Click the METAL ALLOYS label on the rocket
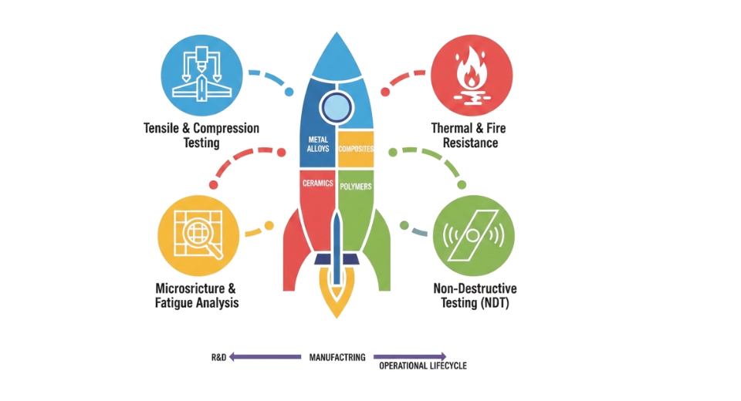[x=318, y=146]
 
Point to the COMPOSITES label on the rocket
[x=356, y=149]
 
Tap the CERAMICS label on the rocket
[x=318, y=184]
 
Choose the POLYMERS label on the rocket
[x=357, y=187]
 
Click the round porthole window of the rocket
[x=337, y=106]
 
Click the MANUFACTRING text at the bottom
[x=337, y=358]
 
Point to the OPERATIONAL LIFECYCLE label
[x=424, y=366]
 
